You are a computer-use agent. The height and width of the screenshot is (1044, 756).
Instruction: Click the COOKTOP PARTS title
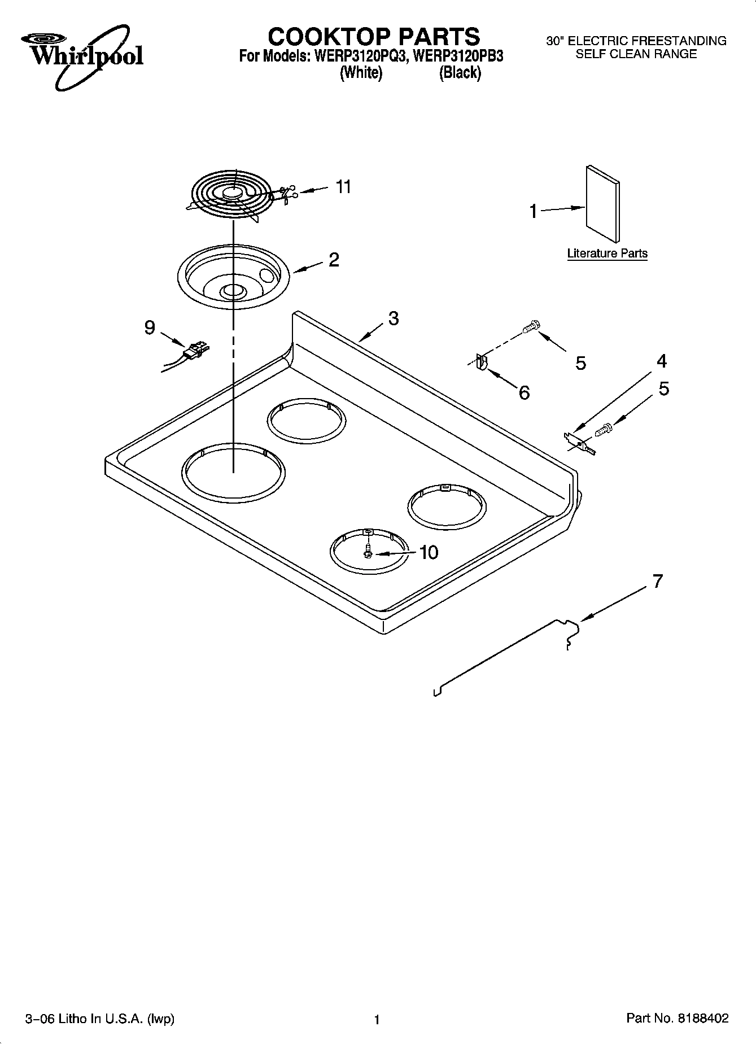click(x=374, y=37)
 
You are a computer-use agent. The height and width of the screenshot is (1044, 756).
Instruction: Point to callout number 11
click(x=343, y=186)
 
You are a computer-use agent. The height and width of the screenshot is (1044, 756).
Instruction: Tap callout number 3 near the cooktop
click(x=394, y=318)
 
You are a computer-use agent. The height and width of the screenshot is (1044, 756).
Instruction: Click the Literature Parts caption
click(x=607, y=254)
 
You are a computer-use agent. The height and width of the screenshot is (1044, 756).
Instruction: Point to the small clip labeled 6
click(x=482, y=361)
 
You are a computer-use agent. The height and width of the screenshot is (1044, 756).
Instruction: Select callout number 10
click(x=429, y=552)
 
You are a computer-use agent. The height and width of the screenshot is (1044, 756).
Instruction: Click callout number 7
click(x=657, y=582)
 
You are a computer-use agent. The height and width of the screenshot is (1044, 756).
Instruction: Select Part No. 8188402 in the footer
click(x=678, y=1018)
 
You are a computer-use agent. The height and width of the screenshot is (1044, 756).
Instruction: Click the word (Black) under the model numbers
click(x=460, y=73)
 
